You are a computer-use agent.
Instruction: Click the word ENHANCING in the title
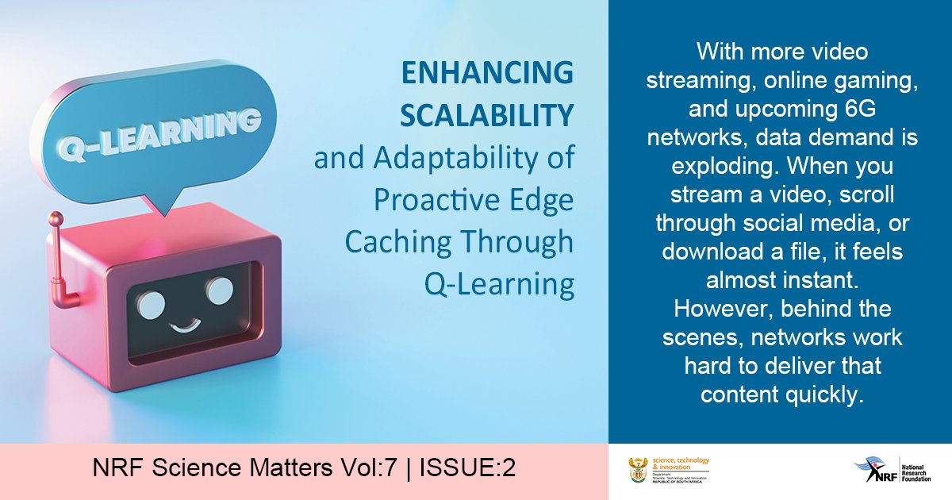pos(487,73)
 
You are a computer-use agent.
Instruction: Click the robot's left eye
pos(152,301)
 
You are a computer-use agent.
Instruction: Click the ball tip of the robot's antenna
pos(56,217)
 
